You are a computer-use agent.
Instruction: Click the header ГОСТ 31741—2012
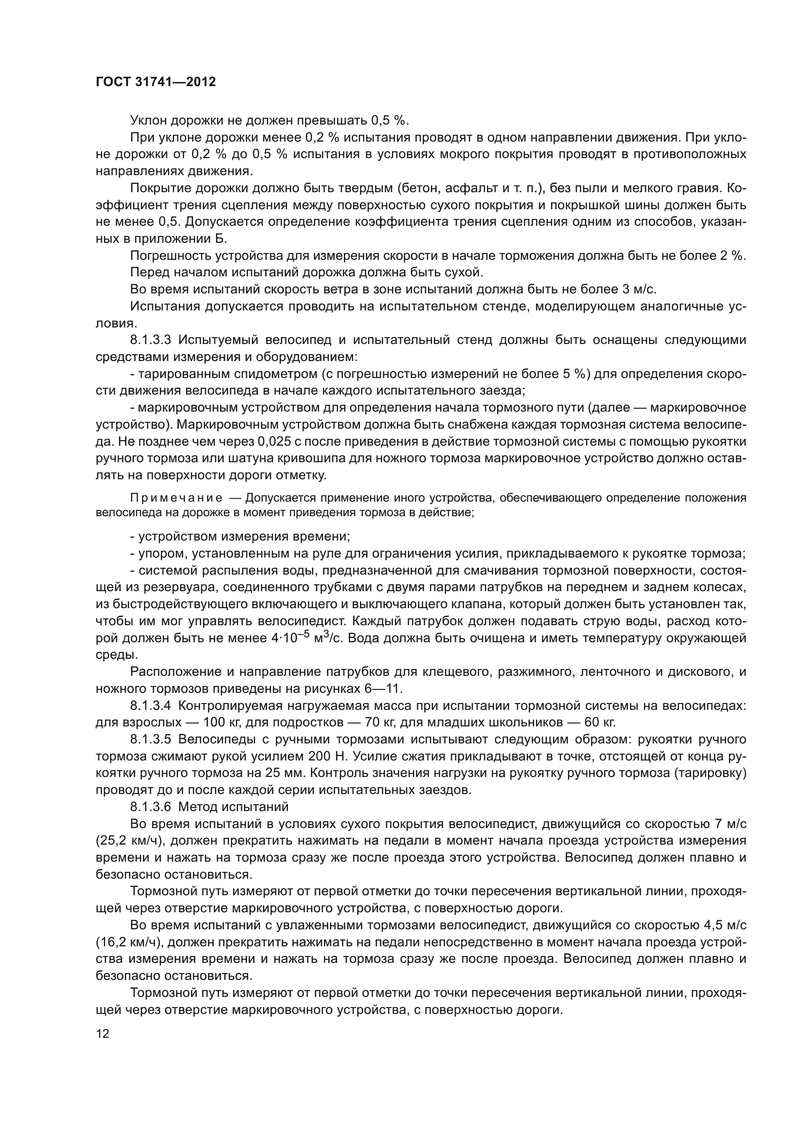click(156, 82)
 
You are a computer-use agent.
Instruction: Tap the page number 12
click(103, 1033)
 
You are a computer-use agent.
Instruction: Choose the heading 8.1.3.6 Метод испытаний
click(209, 806)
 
